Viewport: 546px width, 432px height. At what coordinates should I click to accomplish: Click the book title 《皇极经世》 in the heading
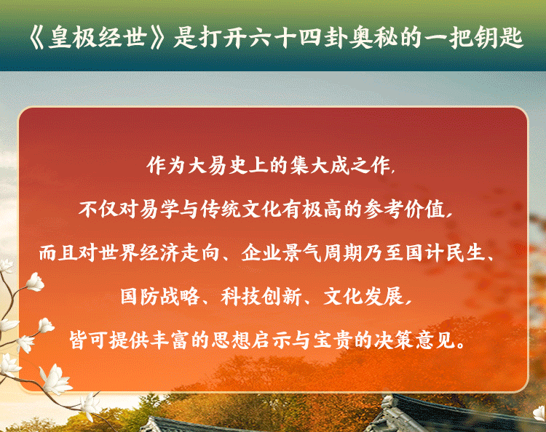97,37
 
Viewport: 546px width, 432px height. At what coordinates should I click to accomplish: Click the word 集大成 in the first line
320,165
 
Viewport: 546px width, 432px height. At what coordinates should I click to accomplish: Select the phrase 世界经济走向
159,252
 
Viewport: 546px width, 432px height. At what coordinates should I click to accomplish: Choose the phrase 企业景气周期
302,252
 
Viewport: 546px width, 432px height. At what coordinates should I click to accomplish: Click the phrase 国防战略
160,296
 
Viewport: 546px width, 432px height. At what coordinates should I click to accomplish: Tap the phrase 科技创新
261,296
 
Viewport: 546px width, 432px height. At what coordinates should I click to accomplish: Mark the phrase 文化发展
363,296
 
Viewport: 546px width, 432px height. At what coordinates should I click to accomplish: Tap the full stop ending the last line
461,345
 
